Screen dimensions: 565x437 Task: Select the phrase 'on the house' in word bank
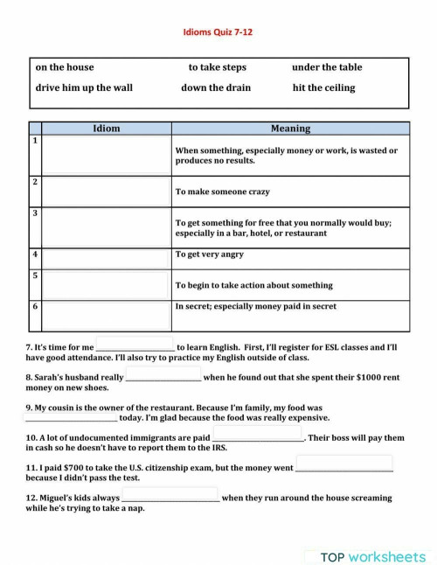click(65, 67)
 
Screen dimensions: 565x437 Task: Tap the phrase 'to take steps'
click(218, 67)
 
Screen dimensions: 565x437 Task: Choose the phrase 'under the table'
click(327, 67)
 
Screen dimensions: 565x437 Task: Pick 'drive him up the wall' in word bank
click(84, 87)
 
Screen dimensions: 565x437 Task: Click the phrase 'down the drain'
click(216, 87)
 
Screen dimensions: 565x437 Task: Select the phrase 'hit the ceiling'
click(323, 87)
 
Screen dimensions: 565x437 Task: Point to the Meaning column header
click(290, 129)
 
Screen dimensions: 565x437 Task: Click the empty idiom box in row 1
click(106, 155)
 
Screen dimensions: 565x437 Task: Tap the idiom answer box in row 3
click(106, 227)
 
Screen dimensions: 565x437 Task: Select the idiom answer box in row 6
click(106, 315)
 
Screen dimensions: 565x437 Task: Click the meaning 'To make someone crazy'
click(222, 192)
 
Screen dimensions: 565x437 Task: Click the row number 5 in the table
click(35, 276)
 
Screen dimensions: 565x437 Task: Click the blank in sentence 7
click(135, 345)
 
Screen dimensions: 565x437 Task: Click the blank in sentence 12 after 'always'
click(170, 497)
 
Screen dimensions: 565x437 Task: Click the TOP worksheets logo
click(372, 556)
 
